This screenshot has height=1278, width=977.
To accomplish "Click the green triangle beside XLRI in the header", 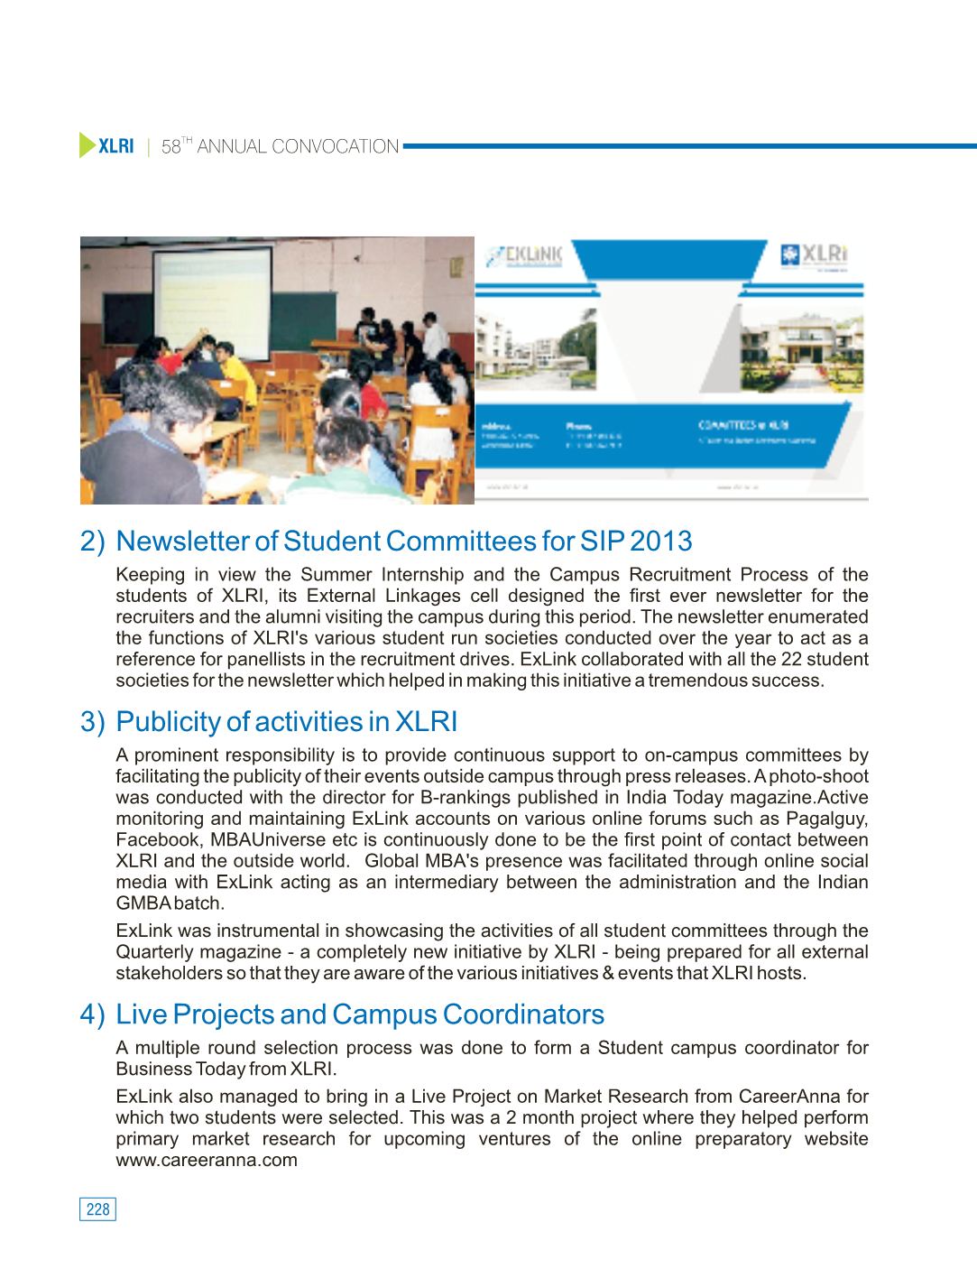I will (87, 145).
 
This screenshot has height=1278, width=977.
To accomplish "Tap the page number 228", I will (98, 1209).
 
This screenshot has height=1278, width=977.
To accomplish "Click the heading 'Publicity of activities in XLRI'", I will (286, 722).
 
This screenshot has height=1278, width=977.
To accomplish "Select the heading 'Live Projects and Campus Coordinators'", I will (360, 1014).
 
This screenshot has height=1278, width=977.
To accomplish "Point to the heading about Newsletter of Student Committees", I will (403, 542).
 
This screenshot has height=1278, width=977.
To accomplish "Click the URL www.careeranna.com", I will (207, 1161).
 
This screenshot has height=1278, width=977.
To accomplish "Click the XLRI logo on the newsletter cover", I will (815, 255).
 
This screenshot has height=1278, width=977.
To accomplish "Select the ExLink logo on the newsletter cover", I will (525, 255).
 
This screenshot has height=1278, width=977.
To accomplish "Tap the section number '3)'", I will (93, 722).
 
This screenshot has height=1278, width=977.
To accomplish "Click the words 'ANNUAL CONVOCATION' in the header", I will (298, 146).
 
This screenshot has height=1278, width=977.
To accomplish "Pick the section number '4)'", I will (93, 1014).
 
